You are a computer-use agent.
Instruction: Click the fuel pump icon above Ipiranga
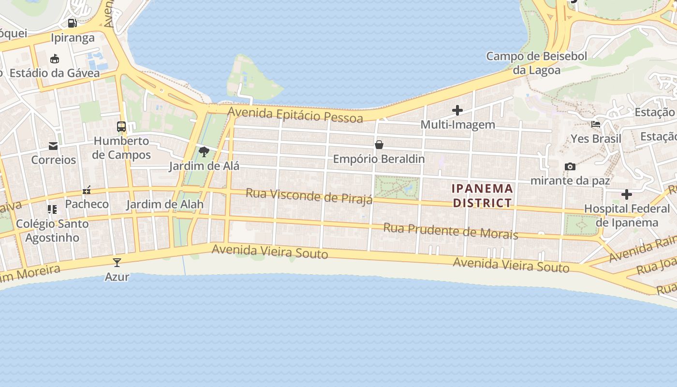click(72, 23)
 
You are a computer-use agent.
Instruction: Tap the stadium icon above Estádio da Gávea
click(55, 59)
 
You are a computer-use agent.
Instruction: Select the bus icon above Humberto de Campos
click(121, 127)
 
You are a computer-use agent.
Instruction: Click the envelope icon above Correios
click(53, 146)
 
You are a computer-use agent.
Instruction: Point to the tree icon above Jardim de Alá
click(204, 152)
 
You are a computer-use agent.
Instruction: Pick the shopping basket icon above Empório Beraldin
click(379, 145)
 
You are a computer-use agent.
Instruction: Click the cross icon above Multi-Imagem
click(457, 110)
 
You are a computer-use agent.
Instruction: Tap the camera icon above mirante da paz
click(570, 166)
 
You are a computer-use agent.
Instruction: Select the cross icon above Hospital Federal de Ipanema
click(627, 194)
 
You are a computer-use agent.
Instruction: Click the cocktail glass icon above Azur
click(117, 262)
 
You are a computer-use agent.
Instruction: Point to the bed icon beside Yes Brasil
click(596, 124)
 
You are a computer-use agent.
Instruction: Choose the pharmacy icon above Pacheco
click(87, 190)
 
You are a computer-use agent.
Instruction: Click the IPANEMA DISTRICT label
click(482, 195)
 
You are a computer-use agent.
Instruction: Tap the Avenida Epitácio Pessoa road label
click(295, 115)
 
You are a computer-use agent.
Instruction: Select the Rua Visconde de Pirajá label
click(309, 196)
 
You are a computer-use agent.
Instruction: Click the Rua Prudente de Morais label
click(451, 231)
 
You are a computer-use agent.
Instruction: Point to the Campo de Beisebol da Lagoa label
click(536, 63)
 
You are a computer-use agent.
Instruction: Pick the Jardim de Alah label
click(165, 204)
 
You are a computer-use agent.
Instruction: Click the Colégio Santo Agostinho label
click(52, 231)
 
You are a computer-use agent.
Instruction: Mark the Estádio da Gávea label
click(55, 73)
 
